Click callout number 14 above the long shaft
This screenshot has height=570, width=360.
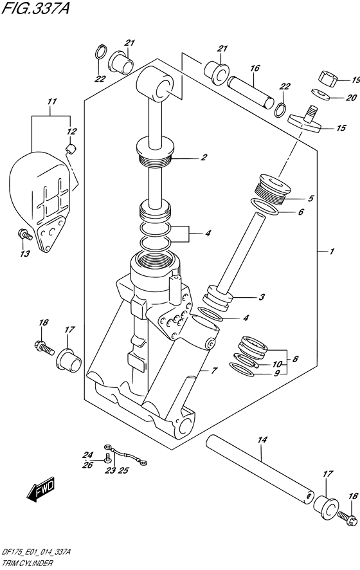[262, 440]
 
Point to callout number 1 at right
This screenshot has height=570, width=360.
[331, 251]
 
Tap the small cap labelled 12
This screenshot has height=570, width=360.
[70, 149]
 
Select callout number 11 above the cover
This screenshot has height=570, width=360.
[52, 102]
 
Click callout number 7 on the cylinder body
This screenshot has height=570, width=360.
[213, 371]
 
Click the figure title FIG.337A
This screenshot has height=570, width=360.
[35, 8]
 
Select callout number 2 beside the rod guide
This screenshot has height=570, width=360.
[204, 157]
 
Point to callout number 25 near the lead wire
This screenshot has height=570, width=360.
[123, 470]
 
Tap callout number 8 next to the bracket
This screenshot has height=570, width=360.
[295, 360]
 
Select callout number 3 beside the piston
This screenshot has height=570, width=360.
[261, 297]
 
